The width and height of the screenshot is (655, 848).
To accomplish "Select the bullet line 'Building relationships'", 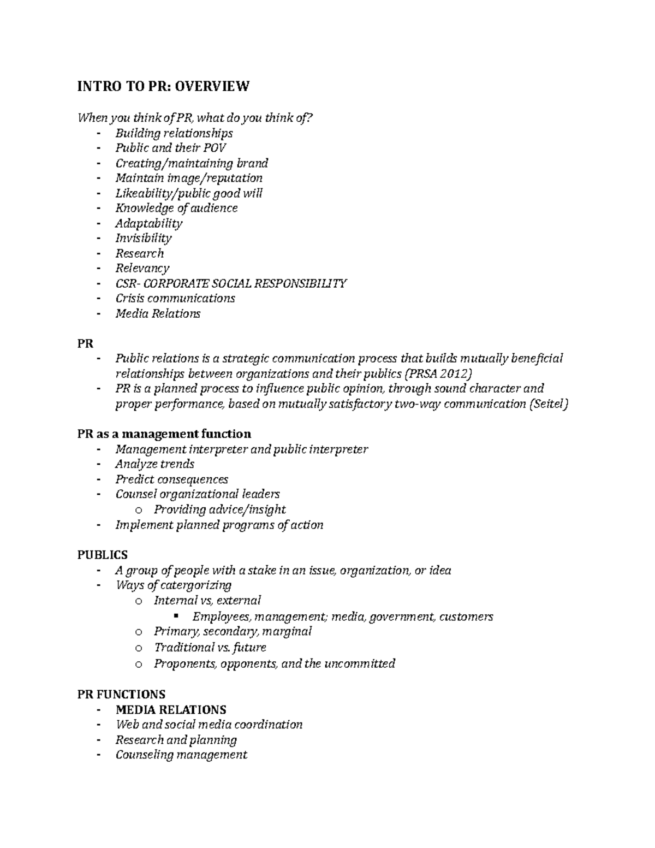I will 174,133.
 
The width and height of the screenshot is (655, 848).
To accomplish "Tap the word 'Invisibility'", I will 143,238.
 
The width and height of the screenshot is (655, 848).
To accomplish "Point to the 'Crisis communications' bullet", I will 175,298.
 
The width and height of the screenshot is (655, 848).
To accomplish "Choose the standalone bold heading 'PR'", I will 85,343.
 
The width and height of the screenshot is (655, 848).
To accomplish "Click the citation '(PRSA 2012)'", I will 440,373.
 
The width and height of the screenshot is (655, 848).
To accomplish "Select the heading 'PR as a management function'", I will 164,434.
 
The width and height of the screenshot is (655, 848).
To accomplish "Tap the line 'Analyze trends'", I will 154,464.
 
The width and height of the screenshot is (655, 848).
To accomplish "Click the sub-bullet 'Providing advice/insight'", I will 219,509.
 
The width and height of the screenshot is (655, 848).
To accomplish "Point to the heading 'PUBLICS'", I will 102,555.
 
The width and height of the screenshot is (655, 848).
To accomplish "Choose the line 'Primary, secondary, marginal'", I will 233,632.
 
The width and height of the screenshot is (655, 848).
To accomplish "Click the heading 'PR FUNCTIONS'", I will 121,695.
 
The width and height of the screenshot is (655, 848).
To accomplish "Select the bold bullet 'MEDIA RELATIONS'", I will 170,710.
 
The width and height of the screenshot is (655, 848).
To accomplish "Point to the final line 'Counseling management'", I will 181,755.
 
